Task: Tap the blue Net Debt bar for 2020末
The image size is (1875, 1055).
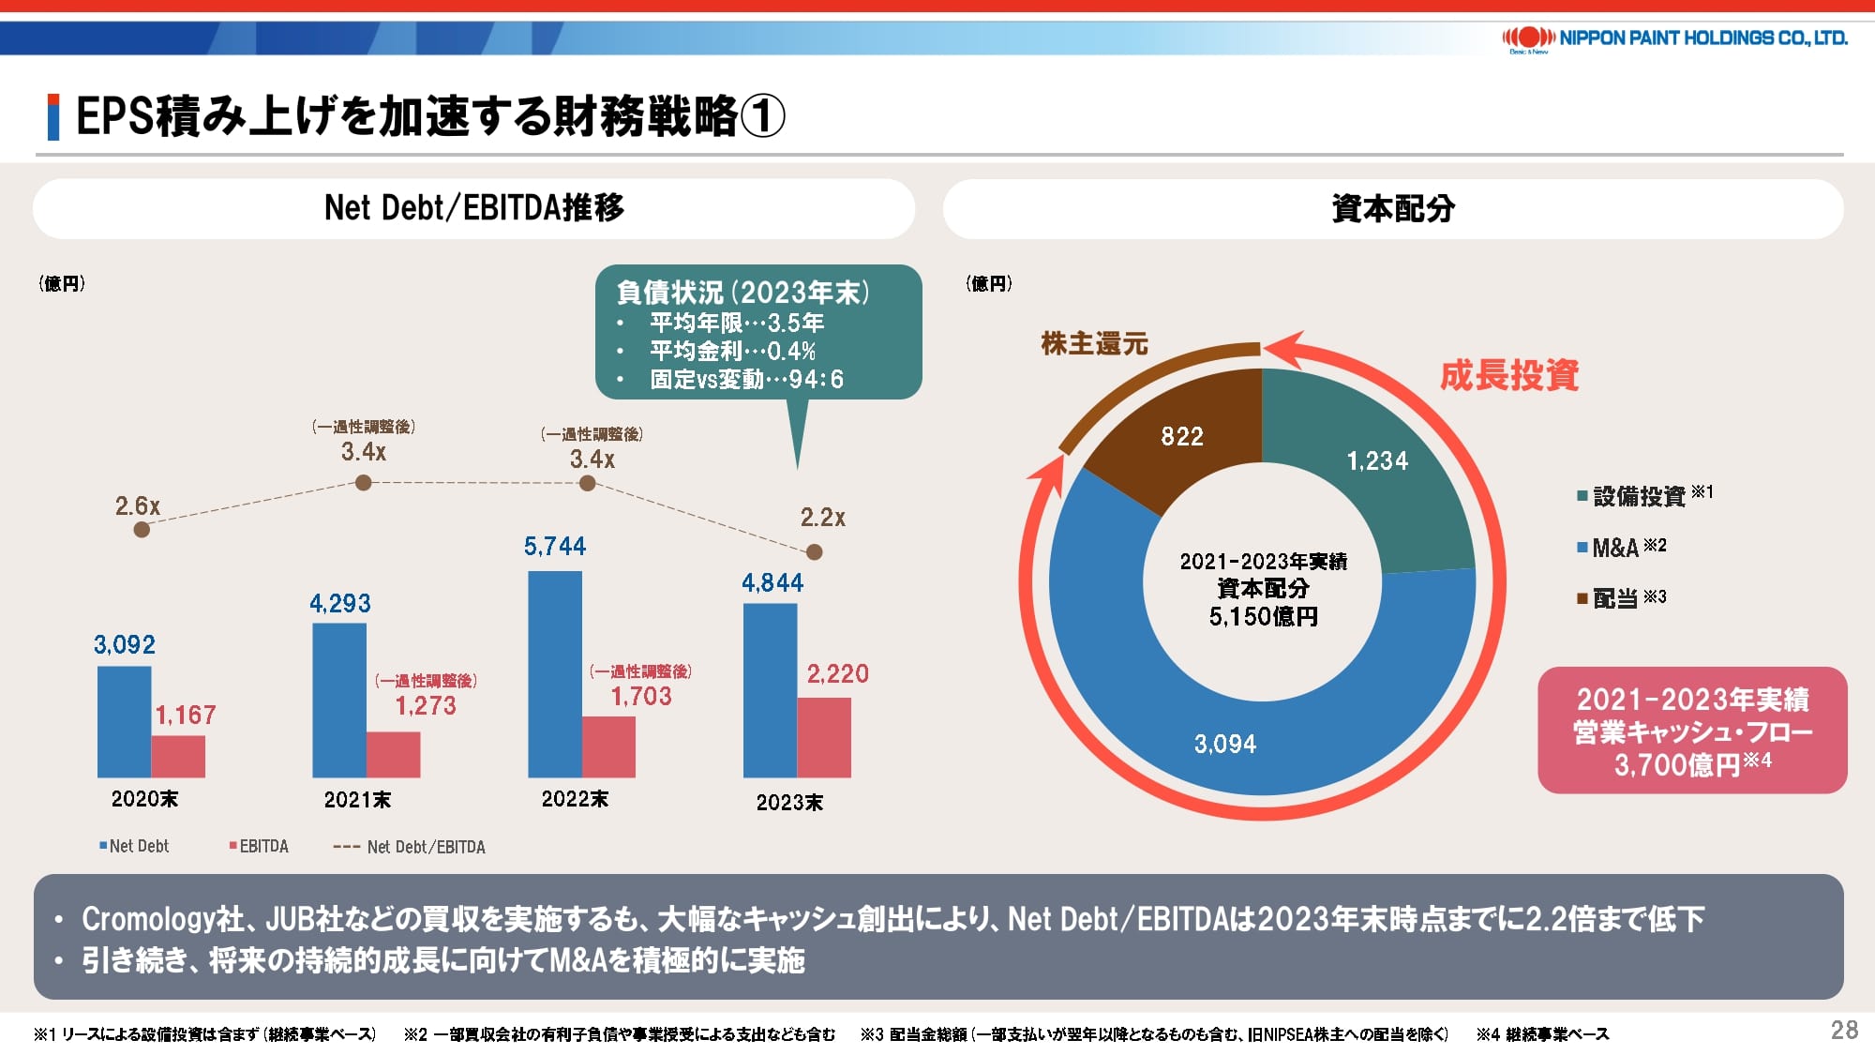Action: pos(124,721)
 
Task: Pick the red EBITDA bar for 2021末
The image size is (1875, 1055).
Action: pos(393,754)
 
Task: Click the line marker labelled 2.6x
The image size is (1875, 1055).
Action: pos(142,530)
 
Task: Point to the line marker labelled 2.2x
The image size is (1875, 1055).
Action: pos(815,552)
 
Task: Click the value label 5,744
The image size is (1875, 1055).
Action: pos(555,546)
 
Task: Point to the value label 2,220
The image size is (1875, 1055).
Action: pos(837,673)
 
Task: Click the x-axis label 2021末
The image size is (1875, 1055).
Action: pos(357,800)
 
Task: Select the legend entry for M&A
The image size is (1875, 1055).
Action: pos(1620,548)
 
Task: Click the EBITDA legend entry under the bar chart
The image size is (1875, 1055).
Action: pos(259,846)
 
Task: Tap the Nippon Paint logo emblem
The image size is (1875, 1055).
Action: pos(1529,38)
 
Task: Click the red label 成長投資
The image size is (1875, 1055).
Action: pos(1509,375)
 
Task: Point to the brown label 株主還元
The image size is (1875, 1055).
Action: pos(1094,344)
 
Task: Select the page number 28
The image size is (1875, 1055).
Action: pos(1844,1031)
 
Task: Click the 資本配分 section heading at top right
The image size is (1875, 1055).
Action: pos(1393,209)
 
